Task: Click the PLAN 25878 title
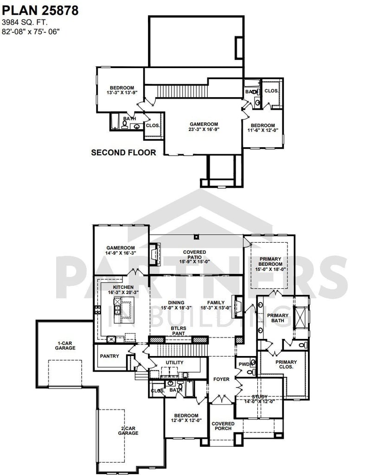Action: [40, 10]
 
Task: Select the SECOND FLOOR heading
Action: [123, 152]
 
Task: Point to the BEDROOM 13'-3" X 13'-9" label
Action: [122, 90]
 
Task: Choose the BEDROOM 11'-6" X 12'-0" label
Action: [262, 128]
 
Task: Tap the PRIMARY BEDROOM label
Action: [271, 264]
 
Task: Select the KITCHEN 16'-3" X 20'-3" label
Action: [123, 290]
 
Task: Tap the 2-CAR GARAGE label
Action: [128, 431]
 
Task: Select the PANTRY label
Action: [109, 356]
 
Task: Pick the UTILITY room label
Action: [174, 362]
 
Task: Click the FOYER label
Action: [221, 379]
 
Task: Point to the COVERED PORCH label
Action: [223, 426]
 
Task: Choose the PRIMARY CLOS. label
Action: [286, 365]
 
